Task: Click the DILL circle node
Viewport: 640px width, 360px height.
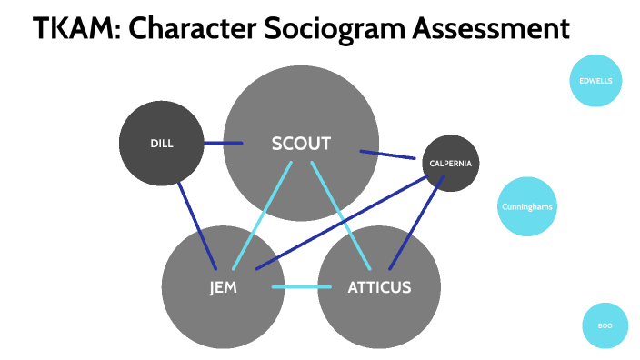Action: [x=161, y=144]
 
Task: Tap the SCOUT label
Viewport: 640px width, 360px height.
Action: [x=301, y=144]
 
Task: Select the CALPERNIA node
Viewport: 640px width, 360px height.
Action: [x=450, y=164]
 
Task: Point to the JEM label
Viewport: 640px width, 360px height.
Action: [x=223, y=288]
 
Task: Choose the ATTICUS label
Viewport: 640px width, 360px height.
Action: [x=379, y=288]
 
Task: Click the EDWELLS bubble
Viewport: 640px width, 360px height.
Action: [x=595, y=80]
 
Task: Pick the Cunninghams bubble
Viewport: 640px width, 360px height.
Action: [x=527, y=207]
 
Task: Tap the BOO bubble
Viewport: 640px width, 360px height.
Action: [x=605, y=325]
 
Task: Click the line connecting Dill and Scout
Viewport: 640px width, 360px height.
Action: [x=223, y=143]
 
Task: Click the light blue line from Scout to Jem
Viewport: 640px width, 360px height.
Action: [x=263, y=215]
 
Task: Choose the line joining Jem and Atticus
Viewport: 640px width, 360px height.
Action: [x=302, y=288]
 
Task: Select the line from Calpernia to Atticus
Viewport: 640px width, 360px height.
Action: [x=416, y=223]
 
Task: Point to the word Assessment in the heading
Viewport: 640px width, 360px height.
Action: [x=488, y=30]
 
